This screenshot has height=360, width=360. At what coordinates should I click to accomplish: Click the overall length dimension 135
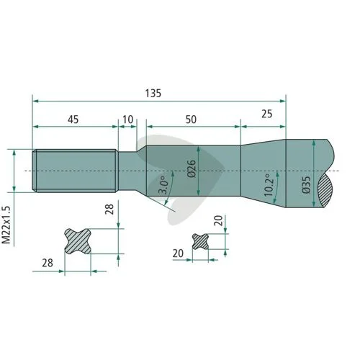(x=153, y=93)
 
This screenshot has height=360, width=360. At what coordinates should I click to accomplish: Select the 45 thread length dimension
(x=73, y=120)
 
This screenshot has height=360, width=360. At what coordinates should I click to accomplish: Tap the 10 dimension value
(x=127, y=120)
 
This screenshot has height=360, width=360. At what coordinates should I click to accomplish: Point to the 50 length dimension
(x=191, y=120)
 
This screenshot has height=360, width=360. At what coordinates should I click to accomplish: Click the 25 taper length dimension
(x=267, y=114)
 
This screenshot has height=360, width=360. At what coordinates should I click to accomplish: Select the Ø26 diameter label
(x=192, y=168)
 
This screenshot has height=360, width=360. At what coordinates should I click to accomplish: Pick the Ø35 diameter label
(x=307, y=185)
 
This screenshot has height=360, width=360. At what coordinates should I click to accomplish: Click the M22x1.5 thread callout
(x=6, y=225)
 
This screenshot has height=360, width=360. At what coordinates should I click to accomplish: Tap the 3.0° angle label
(x=163, y=185)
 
